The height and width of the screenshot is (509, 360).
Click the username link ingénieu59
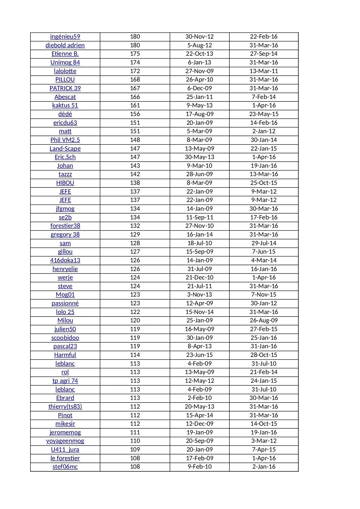click(65, 37)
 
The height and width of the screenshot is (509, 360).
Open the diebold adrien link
click(65, 45)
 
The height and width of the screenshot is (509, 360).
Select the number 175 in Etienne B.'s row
click(135, 54)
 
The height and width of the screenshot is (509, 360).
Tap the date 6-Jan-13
click(200, 62)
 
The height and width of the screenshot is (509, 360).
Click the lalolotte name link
click(65, 71)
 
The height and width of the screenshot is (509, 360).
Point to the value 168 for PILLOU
click(135, 80)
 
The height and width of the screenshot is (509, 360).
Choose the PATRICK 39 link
click(65, 88)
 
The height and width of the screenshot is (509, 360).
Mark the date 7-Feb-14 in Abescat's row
click(264, 97)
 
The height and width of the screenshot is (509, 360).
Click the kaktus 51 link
click(65, 105)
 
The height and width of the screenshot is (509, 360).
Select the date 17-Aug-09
click(200, 114)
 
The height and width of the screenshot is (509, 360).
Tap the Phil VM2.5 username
click(65, 140)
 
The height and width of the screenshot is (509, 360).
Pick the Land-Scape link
click(65, 149)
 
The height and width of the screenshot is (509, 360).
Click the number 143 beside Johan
click(135, 166)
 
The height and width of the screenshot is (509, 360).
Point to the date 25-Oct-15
click(264, 183)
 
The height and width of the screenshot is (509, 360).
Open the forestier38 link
click(65, 226)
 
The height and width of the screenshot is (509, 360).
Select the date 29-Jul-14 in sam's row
click(264, 243)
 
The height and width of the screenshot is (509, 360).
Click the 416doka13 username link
click(65, 260)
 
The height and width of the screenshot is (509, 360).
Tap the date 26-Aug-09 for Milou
click(264, 320)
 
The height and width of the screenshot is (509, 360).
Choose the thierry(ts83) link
click(65, 407)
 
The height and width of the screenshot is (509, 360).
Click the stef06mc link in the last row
click(65, 467)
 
